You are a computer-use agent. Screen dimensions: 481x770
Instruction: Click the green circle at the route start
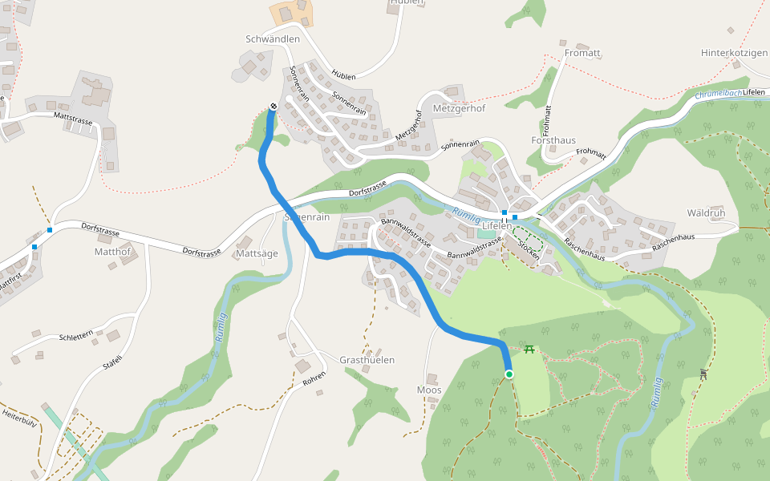[509, 374]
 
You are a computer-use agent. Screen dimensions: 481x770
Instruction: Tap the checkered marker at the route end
[274, 107]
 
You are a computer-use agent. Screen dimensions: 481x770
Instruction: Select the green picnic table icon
[529, 349]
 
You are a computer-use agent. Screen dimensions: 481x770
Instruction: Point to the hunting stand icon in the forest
[703, 374]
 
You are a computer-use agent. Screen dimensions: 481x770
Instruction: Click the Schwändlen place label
[273, 38]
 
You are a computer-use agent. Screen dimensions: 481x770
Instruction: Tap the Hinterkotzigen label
[734, 53]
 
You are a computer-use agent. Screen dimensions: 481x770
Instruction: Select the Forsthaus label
[553, 140]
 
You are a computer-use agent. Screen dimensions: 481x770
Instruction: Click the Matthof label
[112, 251]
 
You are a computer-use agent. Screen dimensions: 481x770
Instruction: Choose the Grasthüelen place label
[367, 360]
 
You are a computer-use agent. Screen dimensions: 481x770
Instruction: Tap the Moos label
[429, 390]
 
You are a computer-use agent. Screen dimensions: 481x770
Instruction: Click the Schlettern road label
[76, 337]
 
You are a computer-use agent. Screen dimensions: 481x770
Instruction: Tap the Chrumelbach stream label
[717, 94]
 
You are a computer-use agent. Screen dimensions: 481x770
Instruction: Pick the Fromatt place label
[582, 53]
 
